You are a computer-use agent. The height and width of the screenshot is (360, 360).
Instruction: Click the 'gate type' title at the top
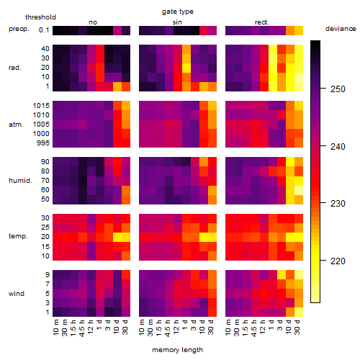pyautogui.click(x=178, y=12)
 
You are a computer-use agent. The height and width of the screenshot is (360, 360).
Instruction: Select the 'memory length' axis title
pyautogui.click(x=177, y=350)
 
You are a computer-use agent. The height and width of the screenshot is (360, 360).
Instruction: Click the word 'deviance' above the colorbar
pyautogui.click(x=341, y=29)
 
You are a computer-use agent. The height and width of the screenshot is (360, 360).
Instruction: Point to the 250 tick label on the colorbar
pyautogui.click(x=338, y=89)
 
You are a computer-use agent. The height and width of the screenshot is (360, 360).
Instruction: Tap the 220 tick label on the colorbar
pyautogui.click(x=338, y=261)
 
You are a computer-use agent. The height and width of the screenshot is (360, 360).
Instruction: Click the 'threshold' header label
pyautogui.click(x=40, y=17)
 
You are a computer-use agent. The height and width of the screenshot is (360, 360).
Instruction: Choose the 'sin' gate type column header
pyautogui.click(x=177, y=22)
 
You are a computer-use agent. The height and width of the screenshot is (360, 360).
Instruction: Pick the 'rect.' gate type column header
pyautogui.click(x=262, y=22)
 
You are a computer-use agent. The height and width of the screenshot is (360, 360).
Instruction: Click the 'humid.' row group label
pyautogui.click(x=20, y=181)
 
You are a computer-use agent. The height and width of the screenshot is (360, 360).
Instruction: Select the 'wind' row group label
pyautogui.click(x=17, y=294)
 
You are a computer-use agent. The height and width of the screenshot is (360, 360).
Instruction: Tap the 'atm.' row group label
pyautogui.click(x=16, y=125)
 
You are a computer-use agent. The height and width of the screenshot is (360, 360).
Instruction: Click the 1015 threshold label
pyautogui.click(x=41, y=106)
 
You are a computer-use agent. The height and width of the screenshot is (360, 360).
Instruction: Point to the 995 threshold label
pyautogui.click(x=43, y=143)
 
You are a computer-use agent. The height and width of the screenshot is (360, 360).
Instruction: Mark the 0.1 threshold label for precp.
pyautogui.click(x=44, y=30)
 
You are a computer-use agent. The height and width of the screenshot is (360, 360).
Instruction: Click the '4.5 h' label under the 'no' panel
pyautogui.click(x=82, y=328)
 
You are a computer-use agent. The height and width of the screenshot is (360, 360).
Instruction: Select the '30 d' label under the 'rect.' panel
pyautogui.click(x=297, y=327)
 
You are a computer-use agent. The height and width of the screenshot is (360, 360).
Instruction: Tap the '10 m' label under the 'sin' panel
pyautogui.click(x=142, y=327)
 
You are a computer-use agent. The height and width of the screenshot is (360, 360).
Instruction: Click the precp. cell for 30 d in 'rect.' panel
pyautogui.click(x=299, y=30)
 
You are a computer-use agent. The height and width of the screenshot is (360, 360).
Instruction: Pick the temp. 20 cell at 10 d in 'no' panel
pyautogui.click(x=117, y=237)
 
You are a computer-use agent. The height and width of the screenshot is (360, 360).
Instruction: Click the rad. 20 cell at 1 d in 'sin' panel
pyautogui.click(x=186, y=68)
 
